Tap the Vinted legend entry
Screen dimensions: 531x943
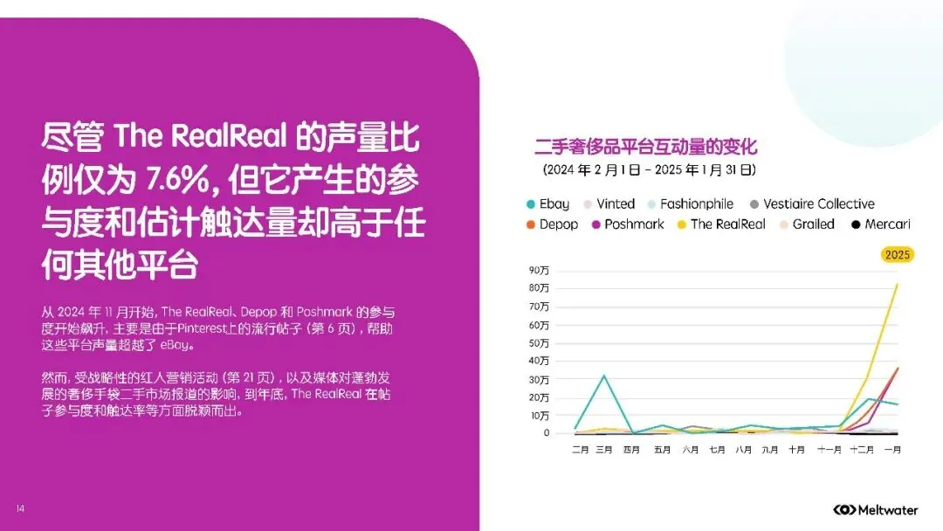tap(608, 203)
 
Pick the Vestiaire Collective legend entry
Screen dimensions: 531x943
tap(811, 203)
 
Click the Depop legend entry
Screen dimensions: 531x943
tap(551, 224)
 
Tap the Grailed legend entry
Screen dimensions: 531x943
tap(806, 224)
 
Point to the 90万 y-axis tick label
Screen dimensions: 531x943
tap(539, 270)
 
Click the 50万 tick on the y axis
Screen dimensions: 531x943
tap(539, 342)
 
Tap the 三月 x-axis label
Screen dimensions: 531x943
tap(604, 450)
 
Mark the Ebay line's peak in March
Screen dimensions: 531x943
tap(604, 376)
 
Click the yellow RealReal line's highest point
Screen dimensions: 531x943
tap(897, 284)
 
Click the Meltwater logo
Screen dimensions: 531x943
tap(875, 509)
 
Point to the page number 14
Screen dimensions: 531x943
tap(20, 508)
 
